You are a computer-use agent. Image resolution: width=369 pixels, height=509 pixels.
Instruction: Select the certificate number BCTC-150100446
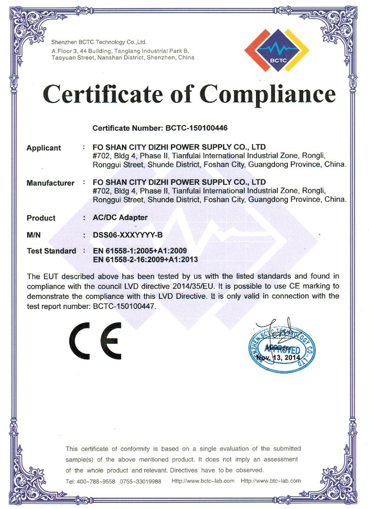tap(194, 128)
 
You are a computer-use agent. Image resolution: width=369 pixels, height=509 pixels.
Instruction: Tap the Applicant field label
tap(44, 148)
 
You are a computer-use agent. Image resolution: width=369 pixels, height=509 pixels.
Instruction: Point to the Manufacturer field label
tap(50, 183)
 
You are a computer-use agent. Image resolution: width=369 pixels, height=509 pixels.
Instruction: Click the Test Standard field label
tap(51, 251)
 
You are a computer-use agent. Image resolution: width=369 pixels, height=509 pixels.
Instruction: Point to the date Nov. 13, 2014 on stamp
tap(278, 357)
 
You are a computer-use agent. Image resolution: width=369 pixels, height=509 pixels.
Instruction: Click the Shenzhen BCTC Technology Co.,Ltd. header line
tap(99, 42)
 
